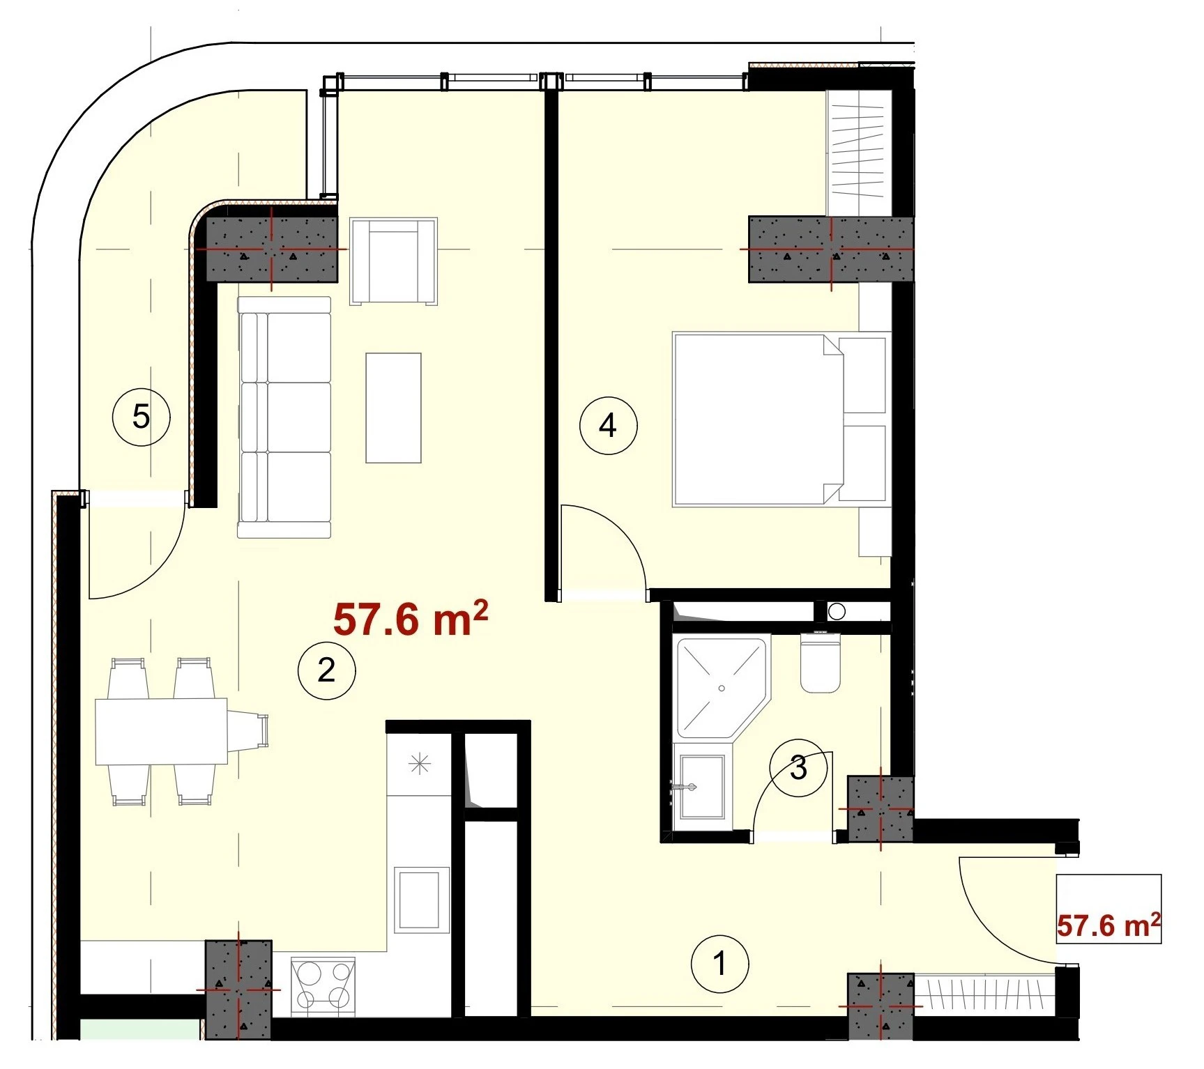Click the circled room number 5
tap(142, 417)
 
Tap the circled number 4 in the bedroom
tap(608, 425)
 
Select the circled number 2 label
tap(326, 670)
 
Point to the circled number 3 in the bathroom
tap(798, 768)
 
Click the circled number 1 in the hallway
tap(719, 964)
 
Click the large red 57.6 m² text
tap(410, 619)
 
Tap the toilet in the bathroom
tap(820, 661)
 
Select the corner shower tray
tap(722, 687)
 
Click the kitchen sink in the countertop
tap(420, 900)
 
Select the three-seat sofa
tap(284, 417)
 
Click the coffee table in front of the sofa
tap(393, 408)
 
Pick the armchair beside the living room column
tap(394, 261)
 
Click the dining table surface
tap(162, 731)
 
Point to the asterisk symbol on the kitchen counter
tap(419, 764)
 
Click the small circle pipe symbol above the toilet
tap(837, 612)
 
